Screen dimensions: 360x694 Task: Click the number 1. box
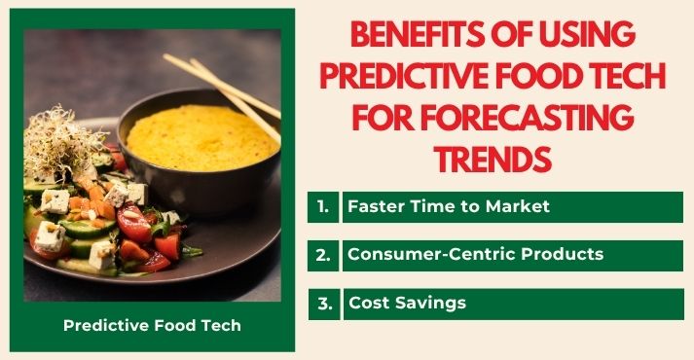click(x=323, y=207)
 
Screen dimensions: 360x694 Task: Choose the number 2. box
click(x=323, y=255)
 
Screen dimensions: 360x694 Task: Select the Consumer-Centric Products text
click(x=475, y=255)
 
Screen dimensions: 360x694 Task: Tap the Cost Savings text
click(x=407, y=304)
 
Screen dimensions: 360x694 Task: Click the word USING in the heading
click(x=581, y=35)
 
